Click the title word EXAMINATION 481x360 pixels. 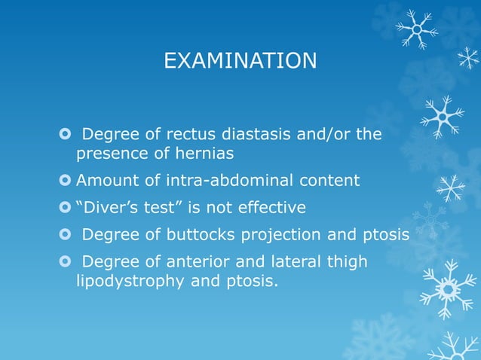[x=240, y=60]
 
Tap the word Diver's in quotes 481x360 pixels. [x=106, y=207]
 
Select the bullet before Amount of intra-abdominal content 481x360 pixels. [x=65, y=181]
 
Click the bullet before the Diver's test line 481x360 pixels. [x=65, y=207]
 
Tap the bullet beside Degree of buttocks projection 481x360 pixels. [x=65, y=234]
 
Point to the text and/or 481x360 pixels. [x=329, y=136]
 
